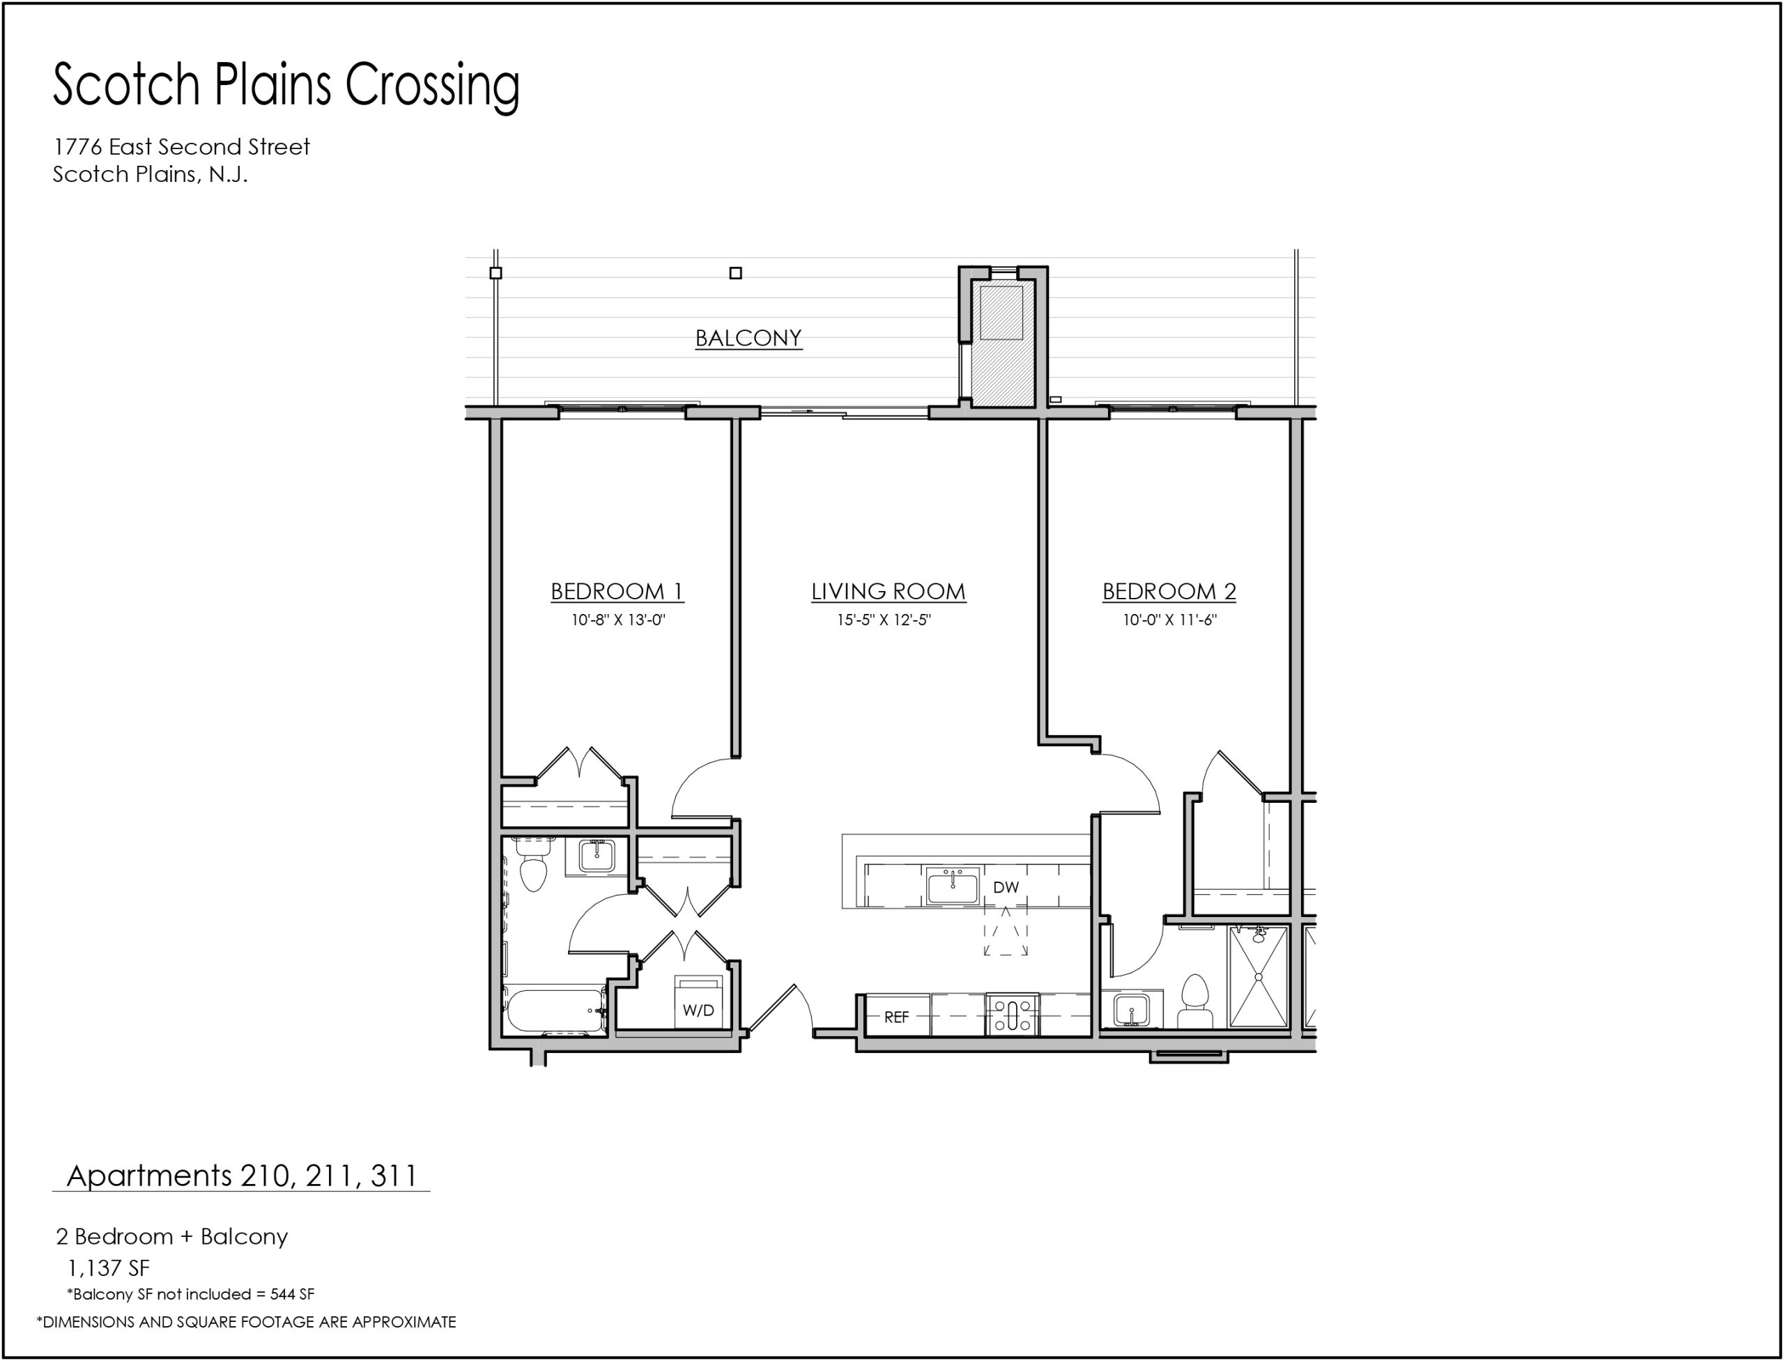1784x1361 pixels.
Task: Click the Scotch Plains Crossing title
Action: click(286, 86)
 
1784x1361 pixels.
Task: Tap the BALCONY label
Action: click(748, 338)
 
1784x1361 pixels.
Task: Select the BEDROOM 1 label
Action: click(617, 592)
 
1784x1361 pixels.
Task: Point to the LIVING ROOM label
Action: click(888, 592)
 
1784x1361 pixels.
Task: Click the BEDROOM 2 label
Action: click(1169, 592)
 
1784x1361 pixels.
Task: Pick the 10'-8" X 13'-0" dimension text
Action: click(618, 620)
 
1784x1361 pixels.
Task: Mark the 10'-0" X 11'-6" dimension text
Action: click(1170, 620)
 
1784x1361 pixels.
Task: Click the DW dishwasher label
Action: click(1006, 887)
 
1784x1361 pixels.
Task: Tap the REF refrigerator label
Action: click(896, 1017)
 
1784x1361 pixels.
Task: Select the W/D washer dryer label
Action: click(698, 1010)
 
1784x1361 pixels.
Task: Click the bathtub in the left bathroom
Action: click(555, 1011)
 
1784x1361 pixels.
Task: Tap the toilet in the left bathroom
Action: click(532, 864)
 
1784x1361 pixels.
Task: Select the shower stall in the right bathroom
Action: click(1258, 978)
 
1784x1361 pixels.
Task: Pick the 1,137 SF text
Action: click(109, 1268)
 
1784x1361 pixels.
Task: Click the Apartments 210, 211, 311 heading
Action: click(241, 1176)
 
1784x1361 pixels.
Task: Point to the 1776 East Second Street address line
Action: click(181, 146)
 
